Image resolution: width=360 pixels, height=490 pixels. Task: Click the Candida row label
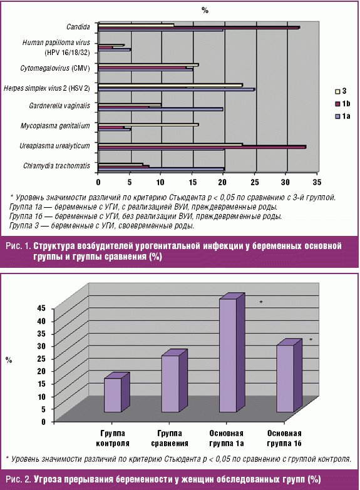[78, 27]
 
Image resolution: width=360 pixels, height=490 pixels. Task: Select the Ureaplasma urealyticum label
[54, 146]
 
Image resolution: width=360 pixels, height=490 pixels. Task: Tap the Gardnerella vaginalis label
[59, 106]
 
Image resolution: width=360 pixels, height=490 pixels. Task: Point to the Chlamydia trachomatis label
[56, 166]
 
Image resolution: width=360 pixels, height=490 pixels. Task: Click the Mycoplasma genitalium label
[55, 126]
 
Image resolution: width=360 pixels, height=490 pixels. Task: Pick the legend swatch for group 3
[337, 91]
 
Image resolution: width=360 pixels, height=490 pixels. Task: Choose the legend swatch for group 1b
[337, 104]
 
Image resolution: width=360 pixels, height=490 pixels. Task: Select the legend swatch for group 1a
[337, 116]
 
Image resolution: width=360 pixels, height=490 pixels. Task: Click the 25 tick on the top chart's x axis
[255, 182]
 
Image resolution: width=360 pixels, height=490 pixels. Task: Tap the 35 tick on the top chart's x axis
[317, 182]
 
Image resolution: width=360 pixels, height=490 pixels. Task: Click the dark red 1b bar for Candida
[199, 28]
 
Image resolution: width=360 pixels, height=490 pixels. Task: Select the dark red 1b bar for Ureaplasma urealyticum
[202, 147]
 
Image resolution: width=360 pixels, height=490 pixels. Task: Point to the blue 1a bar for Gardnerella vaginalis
[161, 110]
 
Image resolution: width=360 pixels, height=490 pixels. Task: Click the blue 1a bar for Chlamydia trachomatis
[162, 170]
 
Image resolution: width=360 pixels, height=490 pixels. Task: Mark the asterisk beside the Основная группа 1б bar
[311, 340]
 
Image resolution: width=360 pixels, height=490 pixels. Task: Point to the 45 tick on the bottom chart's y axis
[41, 309]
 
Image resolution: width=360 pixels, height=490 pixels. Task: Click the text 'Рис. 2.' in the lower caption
[18, 479]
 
